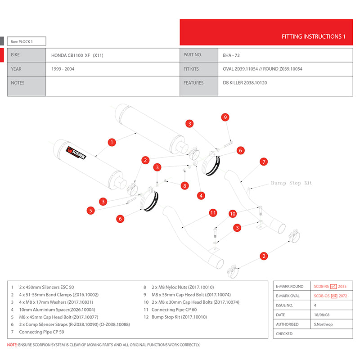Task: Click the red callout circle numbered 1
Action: pyautogui.click(x=111, y=142)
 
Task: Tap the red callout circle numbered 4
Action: pyautogui.click(x=201, y=195)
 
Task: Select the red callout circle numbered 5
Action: pyautogui.click(x=91, y=210)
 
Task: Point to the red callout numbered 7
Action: pyautogui.click(x=264, y=162)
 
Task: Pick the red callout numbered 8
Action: pyautogui.click(x=184, y=185)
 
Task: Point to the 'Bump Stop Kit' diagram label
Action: pyautogui.click(x=291, y=183)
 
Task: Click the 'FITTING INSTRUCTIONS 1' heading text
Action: pyautogui.click(x=313, y=36)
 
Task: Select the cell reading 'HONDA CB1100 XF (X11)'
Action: pyautogui.click(x=77, y=55)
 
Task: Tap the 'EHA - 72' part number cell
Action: pyautogui.click(x=233, y=55)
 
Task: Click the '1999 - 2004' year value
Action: pyautogui.click(x=62, y=69)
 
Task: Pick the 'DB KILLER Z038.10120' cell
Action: pyautogui.click(x=245, y=83)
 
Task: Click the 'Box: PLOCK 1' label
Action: pyautogui.click(x=22, y=42)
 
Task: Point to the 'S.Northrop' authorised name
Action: pyautogui.click(x=323, y=324)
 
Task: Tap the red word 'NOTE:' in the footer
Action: pyautogui.click(x=13, y=345)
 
